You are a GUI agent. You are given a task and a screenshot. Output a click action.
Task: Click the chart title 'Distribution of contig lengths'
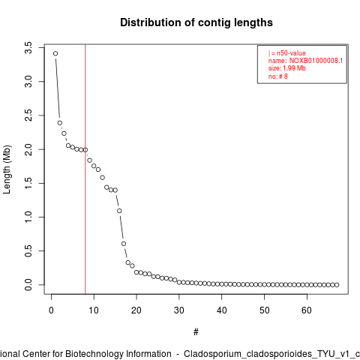[196, 22]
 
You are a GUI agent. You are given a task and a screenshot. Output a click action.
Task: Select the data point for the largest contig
[55, 53]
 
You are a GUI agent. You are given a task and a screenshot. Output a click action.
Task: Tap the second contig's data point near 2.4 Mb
[60, 123]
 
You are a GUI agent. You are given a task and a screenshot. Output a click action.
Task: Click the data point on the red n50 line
[85, 150]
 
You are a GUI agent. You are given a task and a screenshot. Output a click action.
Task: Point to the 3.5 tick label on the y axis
[28, 47]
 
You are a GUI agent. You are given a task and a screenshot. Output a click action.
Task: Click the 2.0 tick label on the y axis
[28, 149]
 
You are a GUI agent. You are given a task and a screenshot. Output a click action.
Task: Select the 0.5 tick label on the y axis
[28, 250]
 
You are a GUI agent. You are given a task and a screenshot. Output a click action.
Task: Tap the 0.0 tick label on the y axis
[28, 285]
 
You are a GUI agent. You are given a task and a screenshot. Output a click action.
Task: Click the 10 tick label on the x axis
[94, 310]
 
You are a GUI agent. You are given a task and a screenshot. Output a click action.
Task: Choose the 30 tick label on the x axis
[179, 310]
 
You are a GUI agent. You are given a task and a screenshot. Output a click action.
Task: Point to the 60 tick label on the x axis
[307, 310]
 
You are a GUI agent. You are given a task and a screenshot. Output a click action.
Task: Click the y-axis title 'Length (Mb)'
[7, 169]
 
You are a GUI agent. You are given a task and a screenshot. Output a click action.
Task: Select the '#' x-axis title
[196, 332]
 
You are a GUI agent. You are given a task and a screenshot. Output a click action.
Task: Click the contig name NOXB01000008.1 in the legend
[316, 61]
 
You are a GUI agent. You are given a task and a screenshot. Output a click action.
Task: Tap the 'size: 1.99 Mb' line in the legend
[287, 68]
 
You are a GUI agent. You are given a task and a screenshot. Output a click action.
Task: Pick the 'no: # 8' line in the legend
[278, 76]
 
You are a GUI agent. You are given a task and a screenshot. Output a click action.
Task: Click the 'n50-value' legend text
[291, 53]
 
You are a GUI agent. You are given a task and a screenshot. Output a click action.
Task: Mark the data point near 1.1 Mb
[119, 211]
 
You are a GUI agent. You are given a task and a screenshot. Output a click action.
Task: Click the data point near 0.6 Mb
[124, 244]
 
